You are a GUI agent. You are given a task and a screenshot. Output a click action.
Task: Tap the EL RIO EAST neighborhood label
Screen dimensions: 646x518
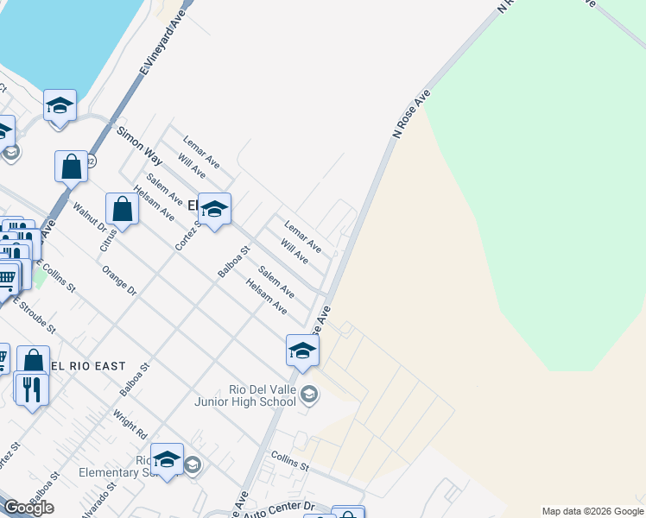(x=88, y=366)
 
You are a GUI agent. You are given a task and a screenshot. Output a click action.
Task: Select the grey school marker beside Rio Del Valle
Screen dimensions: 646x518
(x=310, y=395)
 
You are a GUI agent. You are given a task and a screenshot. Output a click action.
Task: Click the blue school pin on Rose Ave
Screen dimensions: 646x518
(x=302, y=350)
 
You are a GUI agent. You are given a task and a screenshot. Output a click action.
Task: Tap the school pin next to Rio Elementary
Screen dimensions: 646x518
(x=167, y=458)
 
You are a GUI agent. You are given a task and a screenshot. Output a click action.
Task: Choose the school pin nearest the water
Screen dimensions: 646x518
(x=60, y=105)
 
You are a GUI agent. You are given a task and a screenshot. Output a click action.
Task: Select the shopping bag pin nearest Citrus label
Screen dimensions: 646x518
(x=122, y=209)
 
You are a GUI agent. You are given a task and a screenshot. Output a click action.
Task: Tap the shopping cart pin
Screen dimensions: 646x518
(x=6, y=278)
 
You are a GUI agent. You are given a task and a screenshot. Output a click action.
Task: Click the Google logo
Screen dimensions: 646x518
(x=28, y=508)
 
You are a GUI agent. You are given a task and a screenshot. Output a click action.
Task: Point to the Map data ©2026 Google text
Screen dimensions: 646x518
(x=592, y=511)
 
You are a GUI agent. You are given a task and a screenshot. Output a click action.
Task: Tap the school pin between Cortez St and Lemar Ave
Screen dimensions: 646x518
(x=215, y=207)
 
